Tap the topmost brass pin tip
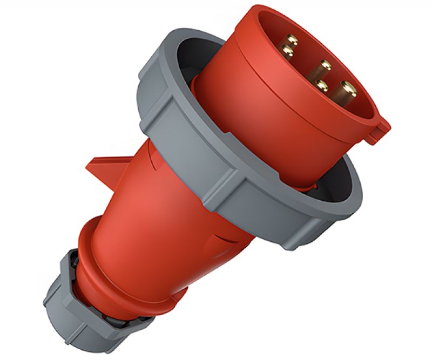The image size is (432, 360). (292, 40)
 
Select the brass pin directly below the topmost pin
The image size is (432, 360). (288, 52)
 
